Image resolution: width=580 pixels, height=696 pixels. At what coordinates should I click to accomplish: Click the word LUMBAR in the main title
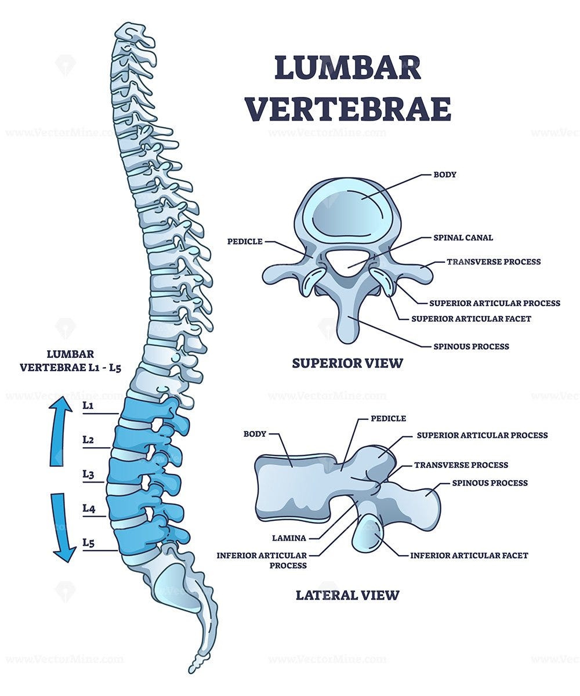coord(347,68)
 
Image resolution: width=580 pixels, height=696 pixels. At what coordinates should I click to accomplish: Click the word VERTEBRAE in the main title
coord(348,108)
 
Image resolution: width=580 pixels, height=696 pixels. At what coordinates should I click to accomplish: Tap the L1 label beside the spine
coord(88,406)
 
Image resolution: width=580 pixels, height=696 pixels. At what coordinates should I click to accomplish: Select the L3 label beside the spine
coord(88,474)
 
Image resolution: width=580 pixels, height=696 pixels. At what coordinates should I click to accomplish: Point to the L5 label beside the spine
coord(88,543)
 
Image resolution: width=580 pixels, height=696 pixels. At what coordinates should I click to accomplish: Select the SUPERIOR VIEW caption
coord(347,364)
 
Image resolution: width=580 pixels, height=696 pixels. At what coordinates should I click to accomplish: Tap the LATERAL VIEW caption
coord(347,595)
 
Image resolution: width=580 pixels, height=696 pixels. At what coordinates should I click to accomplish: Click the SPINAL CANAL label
coord(463,238)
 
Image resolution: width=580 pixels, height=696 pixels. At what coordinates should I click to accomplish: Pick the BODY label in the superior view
coord(445,175)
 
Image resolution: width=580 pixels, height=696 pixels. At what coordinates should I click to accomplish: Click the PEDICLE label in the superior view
coord(245,241)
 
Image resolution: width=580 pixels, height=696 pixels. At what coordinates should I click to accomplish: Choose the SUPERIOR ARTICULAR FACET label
coord(471,318)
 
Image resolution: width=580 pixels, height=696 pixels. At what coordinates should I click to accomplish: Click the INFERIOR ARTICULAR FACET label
coord(469,556)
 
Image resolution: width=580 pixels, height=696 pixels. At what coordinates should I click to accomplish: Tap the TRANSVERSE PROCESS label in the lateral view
coord(461,465)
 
